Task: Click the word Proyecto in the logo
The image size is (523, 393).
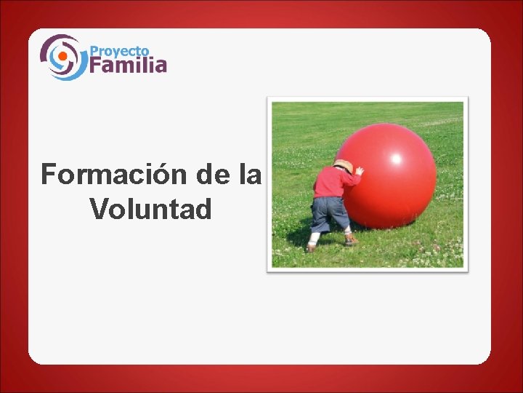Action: pos(120,52)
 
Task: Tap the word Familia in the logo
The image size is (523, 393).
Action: pos(129,65)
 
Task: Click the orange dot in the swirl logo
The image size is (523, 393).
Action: pos(62,56)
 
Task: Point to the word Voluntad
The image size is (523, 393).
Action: pos(150,210)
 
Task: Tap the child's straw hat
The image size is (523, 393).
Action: pos(343,166)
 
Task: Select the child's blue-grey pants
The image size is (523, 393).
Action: pos(330,213)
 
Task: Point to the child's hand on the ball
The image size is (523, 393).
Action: pos(359,171)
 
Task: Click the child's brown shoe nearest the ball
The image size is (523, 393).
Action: pos(351,240)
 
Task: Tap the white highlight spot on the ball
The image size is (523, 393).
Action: pos(397,158)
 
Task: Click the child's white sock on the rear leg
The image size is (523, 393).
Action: pos(314,238)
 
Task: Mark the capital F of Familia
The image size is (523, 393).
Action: pos(96,65)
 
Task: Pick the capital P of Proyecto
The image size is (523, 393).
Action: pos(94,52)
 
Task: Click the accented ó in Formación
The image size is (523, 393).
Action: pos(153,175)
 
